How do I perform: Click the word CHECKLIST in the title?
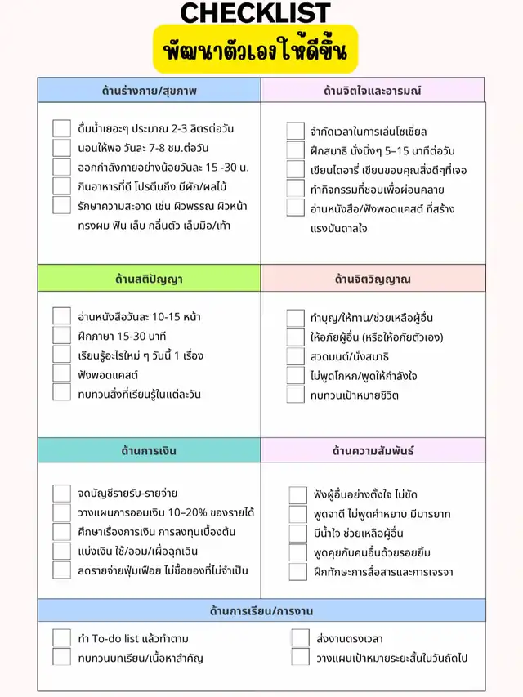coord(255,12)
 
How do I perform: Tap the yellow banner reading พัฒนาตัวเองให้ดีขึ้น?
coord(256,51)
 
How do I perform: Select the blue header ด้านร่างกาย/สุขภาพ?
coord(149,90)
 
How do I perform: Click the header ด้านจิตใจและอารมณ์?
coord(373,90)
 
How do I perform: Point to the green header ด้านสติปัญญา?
coord(149,279)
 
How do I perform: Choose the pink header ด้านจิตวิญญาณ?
coord(373,279)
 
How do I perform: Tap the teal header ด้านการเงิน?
coord(149,450)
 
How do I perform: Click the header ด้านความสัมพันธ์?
coord(373,450)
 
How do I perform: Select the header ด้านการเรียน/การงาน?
coord(261,610)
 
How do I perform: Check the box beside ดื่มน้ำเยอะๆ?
coord(62,128)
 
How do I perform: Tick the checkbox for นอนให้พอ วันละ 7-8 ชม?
coord(62,148)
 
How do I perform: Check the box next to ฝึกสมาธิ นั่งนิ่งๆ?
coord(296,150)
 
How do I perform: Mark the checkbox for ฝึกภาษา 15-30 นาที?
coord(62,335)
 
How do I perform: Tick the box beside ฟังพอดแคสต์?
coord(62,373)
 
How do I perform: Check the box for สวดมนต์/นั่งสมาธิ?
coord(296,356)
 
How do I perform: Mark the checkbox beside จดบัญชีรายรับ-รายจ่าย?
coord(62,493)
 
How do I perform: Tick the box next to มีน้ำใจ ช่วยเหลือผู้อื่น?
coord(298,534)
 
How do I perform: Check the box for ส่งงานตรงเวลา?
coord(300,637)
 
